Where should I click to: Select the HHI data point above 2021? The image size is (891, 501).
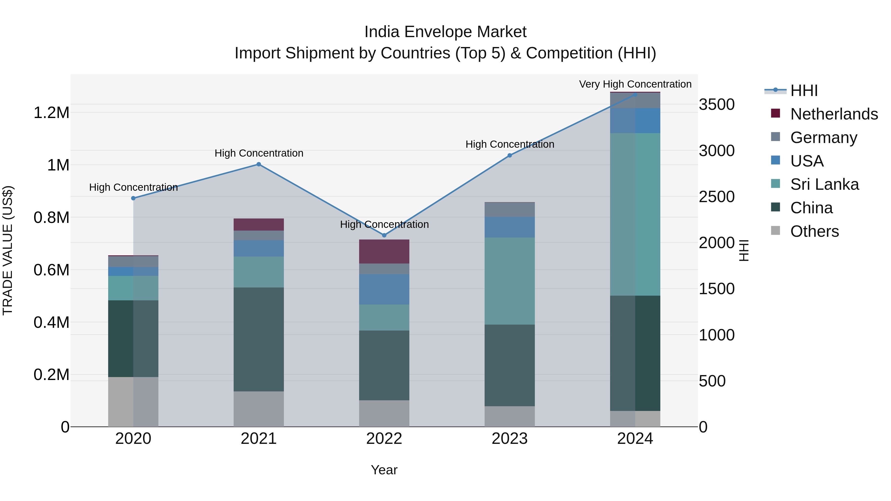click(259, 164)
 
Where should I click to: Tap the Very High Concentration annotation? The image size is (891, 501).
click(635, 84)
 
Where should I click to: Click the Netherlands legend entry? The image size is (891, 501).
click(834, 114)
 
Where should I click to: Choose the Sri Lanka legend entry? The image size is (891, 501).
click(824, 184)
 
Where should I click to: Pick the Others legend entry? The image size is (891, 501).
click(814, 231)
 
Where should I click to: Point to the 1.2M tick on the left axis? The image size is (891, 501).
click(51, 113)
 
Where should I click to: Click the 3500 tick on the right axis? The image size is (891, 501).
click(717, 104)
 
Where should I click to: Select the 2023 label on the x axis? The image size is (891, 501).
click(510, 439)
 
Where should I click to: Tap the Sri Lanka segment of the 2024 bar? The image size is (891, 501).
click(635, 214)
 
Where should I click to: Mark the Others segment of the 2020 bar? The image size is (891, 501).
click(133, 402)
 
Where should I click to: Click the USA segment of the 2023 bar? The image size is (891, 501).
click(510, 227)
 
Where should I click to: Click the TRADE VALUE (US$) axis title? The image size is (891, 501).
click(8, 250)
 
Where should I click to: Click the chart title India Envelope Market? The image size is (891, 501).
click(445, 32)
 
